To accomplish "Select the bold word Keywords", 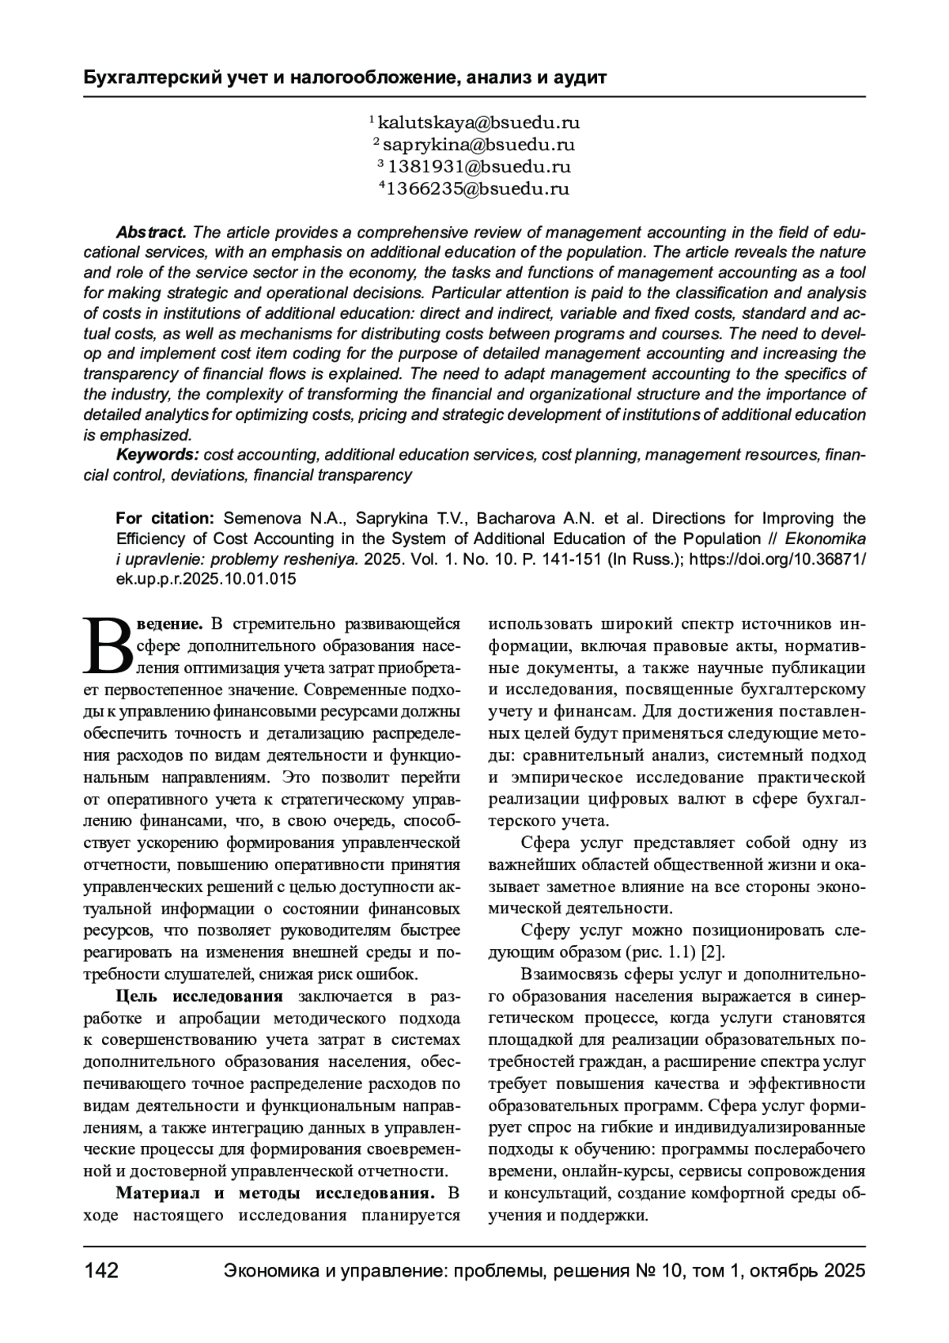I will click(x=157, y=455).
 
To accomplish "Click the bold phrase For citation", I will click(x=164, y=519).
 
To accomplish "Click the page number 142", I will click(x=101, y=1271).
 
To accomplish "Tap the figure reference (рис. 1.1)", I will click(x=660, y=951).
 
